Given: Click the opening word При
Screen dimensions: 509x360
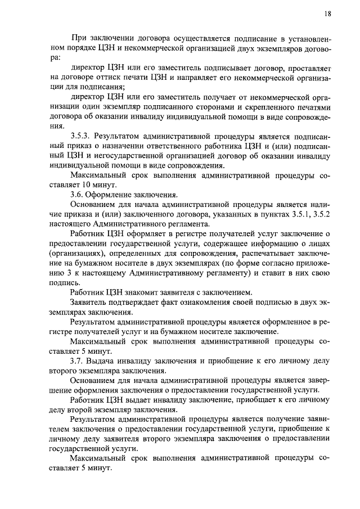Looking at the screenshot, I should click(78, 38).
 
